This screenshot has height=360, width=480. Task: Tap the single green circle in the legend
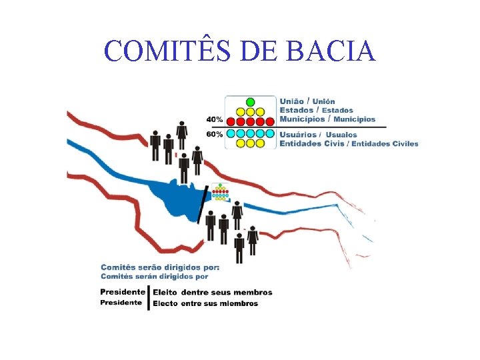[x=251, y=102]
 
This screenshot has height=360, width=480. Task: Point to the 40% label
[x=215, y=120]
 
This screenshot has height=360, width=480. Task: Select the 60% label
[x=215, y=134]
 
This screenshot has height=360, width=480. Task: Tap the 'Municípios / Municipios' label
[x=327, y=119]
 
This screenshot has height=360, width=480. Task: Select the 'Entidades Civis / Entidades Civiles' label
[x=349, y=143]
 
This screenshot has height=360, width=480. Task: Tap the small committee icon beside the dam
[x=220, y=192]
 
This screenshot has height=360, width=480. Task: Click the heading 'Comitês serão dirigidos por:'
[x=160, y=267]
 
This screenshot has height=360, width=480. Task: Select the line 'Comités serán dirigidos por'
[x=155, y=276]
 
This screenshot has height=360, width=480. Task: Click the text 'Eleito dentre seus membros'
[x=212, y=292]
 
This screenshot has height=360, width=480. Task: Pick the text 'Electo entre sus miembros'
[x=205, y=303]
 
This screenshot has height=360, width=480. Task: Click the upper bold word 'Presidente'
[x=123, y=292]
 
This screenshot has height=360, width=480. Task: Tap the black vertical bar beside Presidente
[x=148, y=297]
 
